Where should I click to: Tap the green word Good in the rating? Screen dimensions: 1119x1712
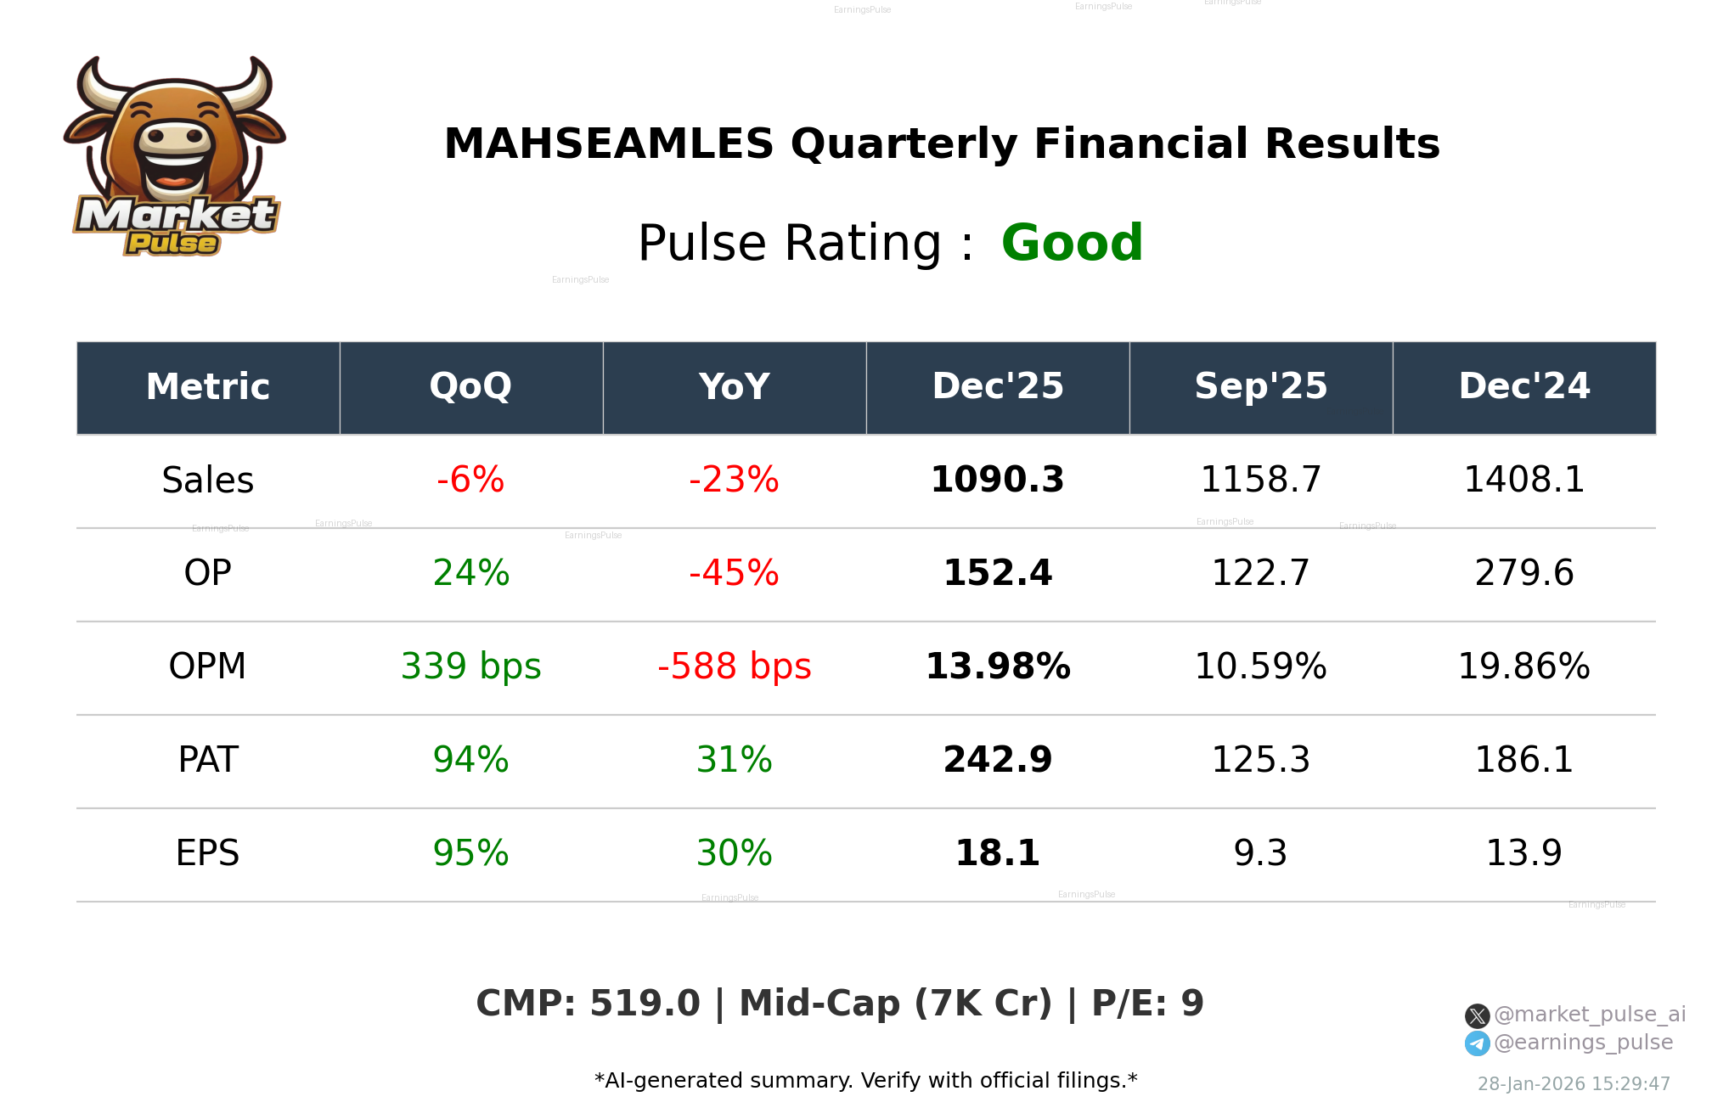coord(1072,243)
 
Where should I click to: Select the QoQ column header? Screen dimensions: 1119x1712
coord(470,387)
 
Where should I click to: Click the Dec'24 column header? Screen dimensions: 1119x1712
coord(1523,387)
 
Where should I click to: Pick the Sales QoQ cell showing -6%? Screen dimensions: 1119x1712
coord(470,480)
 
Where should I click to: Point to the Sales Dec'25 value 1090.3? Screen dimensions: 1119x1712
coord(997,480)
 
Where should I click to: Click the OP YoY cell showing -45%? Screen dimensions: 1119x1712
coord(734,573)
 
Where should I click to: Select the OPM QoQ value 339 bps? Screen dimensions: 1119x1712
coord(470,666)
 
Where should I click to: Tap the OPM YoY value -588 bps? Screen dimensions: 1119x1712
coord(734,666)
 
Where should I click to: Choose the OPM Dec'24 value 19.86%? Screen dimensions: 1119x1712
coord(1523,666)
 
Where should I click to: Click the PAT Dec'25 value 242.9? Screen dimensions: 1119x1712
coord(997,760)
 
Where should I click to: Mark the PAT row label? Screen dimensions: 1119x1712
coord(208,760)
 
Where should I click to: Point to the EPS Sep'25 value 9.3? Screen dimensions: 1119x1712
coord(1260,853)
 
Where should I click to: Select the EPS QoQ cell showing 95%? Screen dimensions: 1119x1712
coord(470,853)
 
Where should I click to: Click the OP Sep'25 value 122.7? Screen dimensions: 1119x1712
coord(1260,573)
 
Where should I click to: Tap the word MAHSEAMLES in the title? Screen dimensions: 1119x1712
coord(609,143)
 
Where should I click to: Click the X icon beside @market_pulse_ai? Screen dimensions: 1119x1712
coord(1477,1015)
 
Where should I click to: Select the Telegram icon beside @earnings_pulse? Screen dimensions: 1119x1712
coord(1477,1043)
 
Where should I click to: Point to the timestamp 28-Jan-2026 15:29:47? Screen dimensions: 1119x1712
coord(1574,1084)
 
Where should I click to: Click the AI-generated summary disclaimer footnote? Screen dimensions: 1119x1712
coord(865,1081)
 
